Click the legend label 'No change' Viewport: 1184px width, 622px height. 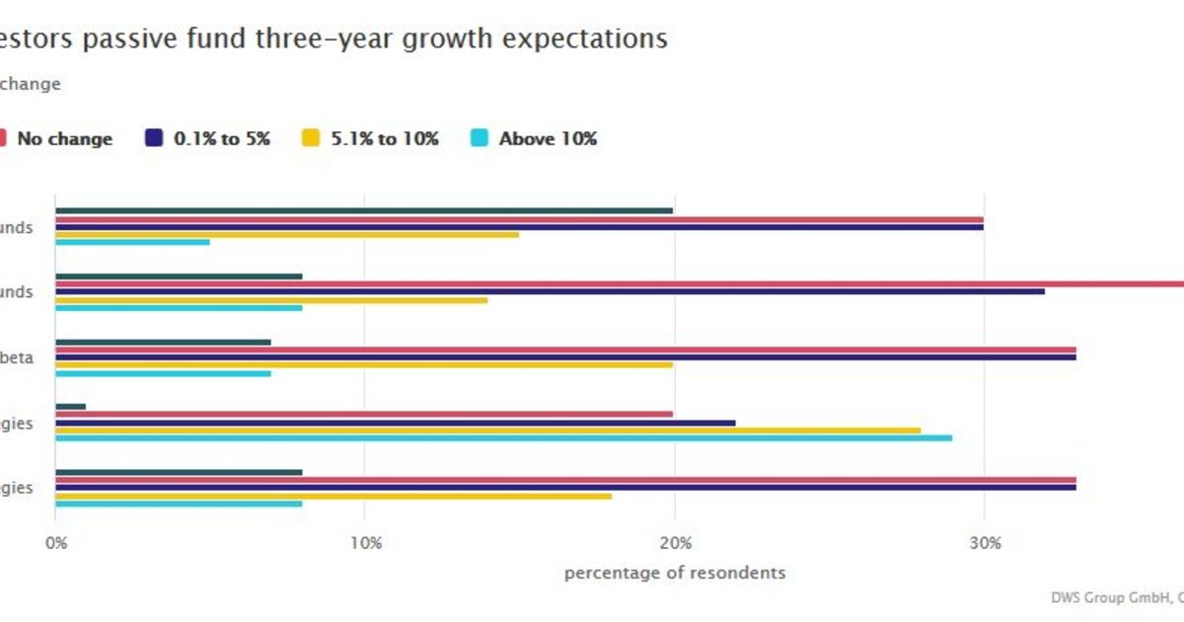[64, 139]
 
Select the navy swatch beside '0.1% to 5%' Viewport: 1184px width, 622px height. [154, 139]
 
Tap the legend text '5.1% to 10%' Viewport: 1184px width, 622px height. [386, 139]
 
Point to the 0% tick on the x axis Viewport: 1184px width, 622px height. [56, 543]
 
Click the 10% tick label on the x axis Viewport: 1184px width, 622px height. [365, 543]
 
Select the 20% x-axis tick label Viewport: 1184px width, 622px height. [675, 543]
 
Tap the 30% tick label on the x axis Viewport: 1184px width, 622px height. [985, 543]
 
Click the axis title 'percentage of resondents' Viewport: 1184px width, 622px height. [675, 573]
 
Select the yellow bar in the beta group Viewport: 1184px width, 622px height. [364, 365]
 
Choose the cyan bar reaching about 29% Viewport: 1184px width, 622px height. [503, 437]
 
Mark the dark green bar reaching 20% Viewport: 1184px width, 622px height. [364, 210]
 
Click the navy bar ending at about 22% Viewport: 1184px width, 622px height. [395, 423]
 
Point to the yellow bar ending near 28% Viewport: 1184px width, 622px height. [487, 430]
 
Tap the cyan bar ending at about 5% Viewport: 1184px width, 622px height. [132, 242]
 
